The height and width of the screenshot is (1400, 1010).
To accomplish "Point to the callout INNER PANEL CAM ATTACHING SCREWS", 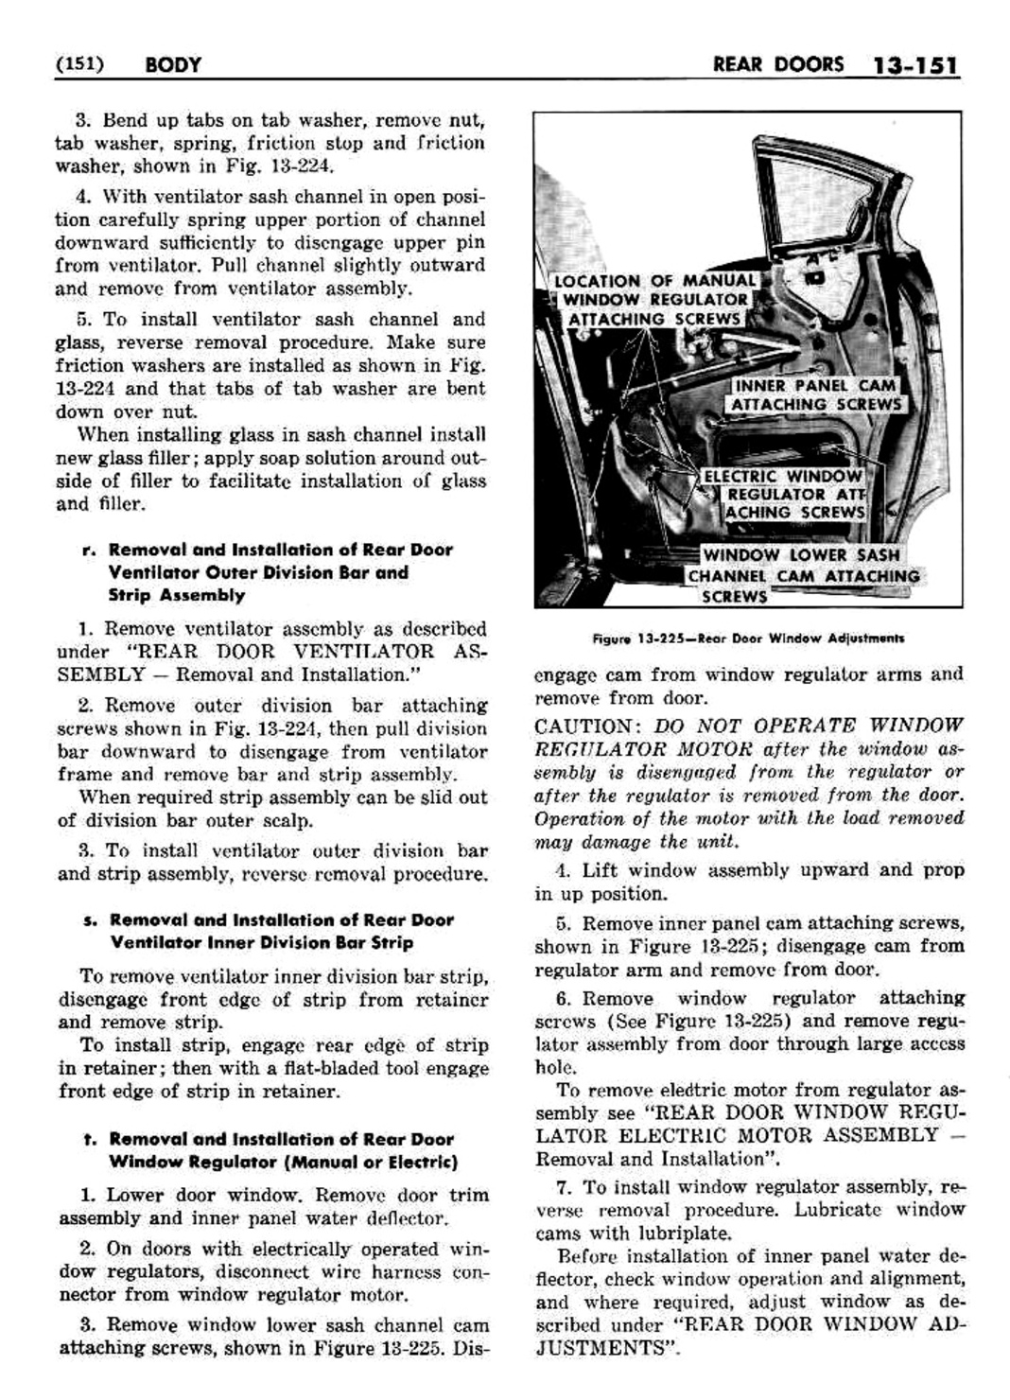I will click(x=815, y=395).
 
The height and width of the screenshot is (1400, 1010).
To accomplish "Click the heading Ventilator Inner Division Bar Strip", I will click(x=261, y=943).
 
